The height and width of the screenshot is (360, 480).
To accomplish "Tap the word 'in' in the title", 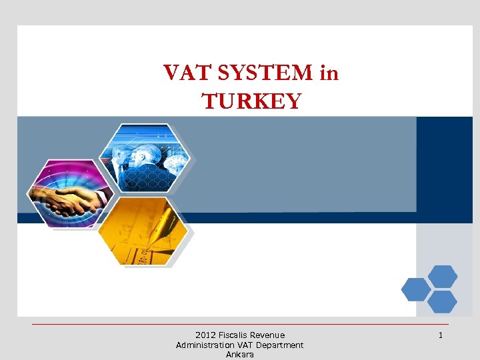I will [x=329, y=73].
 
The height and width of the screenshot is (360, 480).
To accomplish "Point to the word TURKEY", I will [x=252, y=101].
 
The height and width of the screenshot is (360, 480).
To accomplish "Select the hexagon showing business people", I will [x=145, y=159].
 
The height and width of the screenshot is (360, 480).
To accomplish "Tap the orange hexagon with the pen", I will [x=142, y=231].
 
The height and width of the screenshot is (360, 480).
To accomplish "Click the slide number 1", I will [x=441, y=335].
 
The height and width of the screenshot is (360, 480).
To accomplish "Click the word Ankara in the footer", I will [x=240, y=355].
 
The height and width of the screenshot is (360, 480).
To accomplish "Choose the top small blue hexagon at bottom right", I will [x=443, y=276].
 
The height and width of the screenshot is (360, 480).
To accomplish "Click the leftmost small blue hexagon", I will [x=416, y=289].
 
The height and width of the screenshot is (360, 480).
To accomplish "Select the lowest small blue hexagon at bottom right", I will [x=443, y=302].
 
